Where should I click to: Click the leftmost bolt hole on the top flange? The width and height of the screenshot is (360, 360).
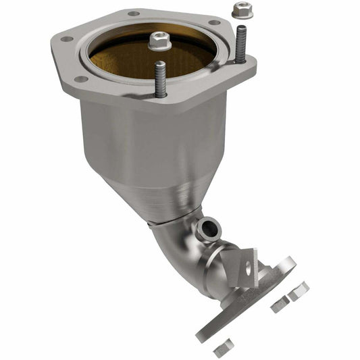click(x=66, y=39)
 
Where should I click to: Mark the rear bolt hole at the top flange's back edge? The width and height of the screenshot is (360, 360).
click(x=133, y=14)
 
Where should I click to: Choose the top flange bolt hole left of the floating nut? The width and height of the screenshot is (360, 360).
click(x=214, y=22)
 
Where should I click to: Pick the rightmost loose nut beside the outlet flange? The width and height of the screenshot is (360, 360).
click(x=299, y=290)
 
